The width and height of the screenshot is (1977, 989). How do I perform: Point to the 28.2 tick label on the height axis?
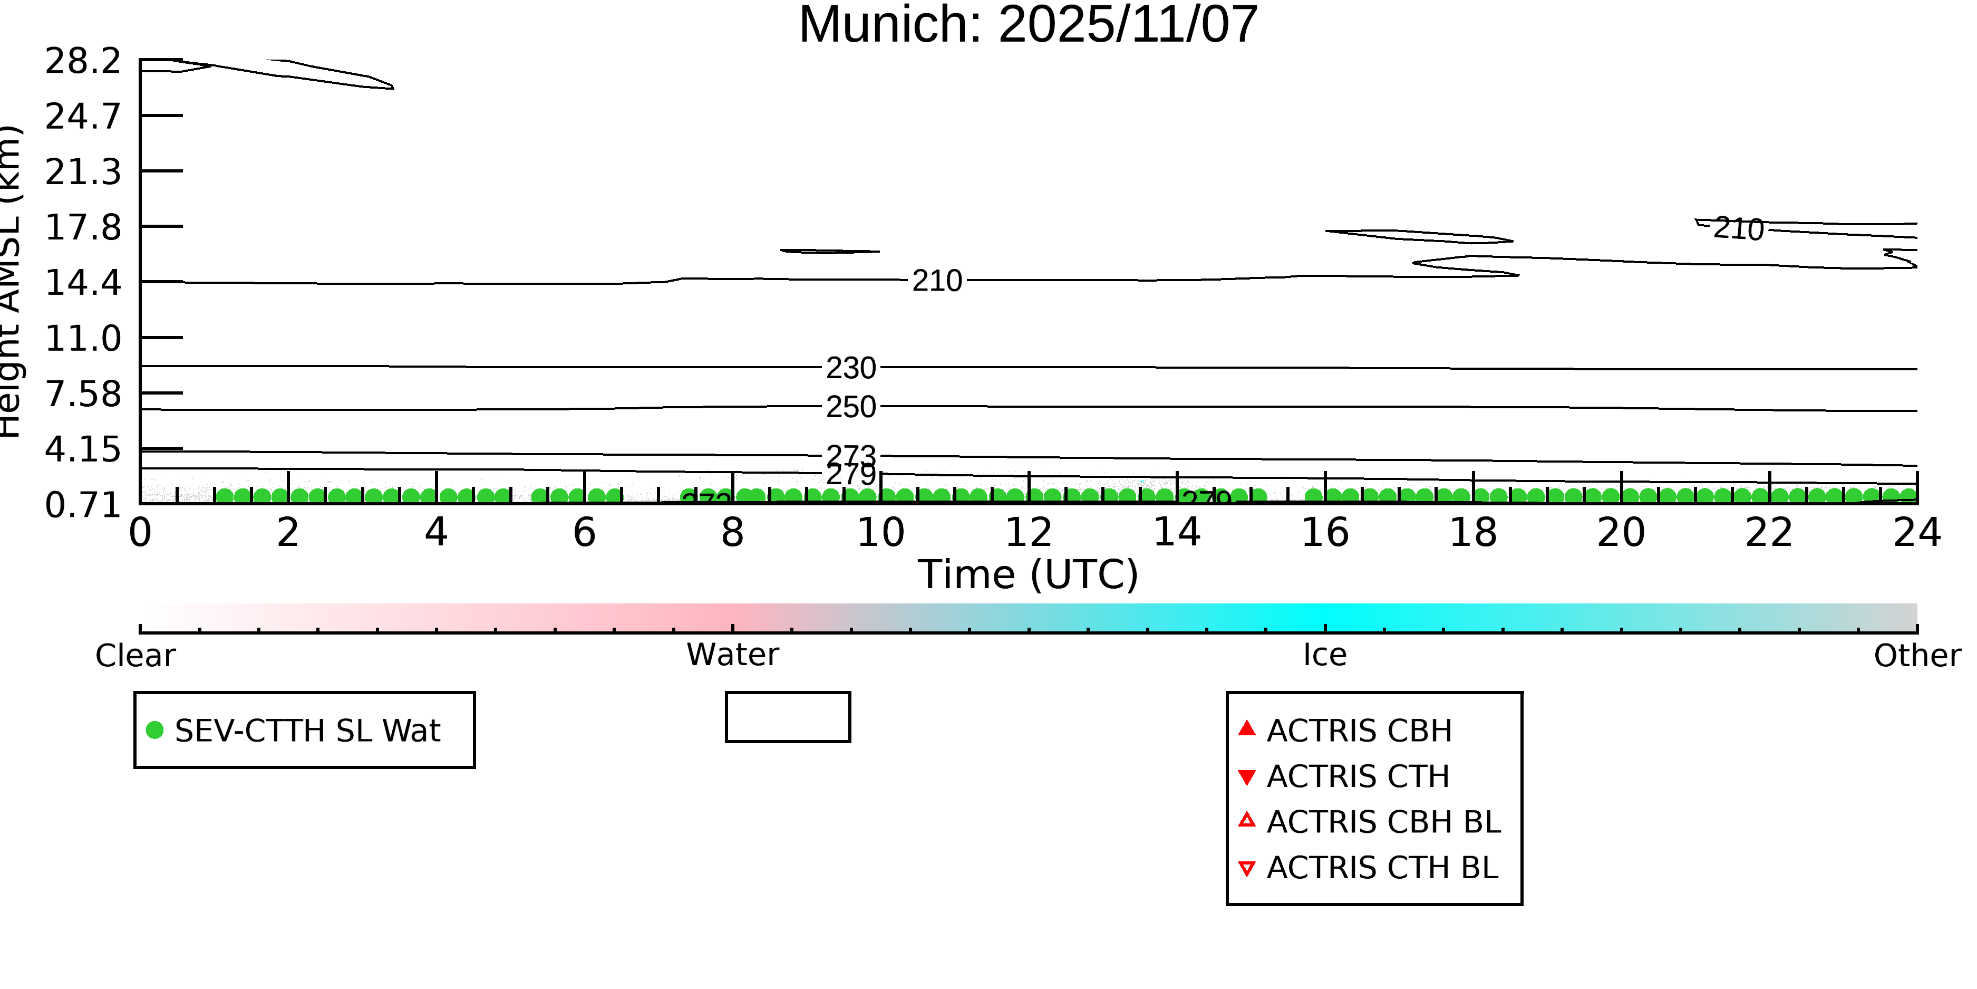[x=83, y=61]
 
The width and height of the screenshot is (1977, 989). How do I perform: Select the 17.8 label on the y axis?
[x=83, y=227]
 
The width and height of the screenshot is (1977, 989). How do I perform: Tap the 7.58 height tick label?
[x=83, y=394]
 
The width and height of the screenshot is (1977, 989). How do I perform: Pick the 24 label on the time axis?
[x=1916, y=532]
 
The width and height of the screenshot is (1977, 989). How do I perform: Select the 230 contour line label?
[x=850, y=369]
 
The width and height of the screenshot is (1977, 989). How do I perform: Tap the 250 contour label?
[x=850, y=407]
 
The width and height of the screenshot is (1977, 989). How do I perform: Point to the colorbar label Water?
[x=732, y=655]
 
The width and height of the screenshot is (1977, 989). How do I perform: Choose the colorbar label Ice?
[x=1325, y=655]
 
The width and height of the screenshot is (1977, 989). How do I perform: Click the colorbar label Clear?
[x=135, y=656]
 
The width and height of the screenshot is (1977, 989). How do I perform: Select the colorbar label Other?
[x=1916, y=656]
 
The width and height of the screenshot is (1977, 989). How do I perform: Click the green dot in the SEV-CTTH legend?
[x=155, y=729]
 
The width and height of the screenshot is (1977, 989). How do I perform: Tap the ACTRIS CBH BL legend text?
[x=1383, y=822]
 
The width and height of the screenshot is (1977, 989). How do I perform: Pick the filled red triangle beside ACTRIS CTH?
[x=1247, y=777]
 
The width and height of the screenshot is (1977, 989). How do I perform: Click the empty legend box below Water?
[x=788, y=717]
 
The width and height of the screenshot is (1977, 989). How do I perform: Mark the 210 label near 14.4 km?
[x=936, y=281]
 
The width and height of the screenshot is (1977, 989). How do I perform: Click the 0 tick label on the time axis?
[x=140, y=532]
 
